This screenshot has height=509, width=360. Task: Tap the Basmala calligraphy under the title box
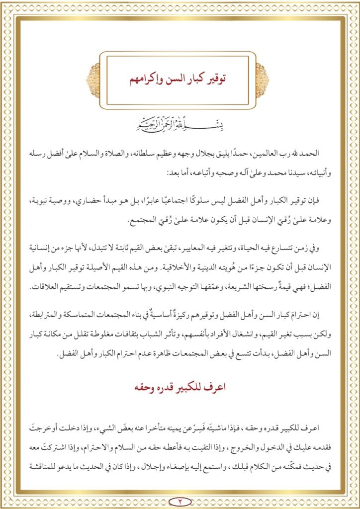(180, 122)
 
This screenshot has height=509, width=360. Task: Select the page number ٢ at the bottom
(180, 500)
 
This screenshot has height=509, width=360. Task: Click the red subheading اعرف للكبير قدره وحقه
(180, 388)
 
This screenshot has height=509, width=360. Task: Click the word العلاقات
(51, 288)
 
